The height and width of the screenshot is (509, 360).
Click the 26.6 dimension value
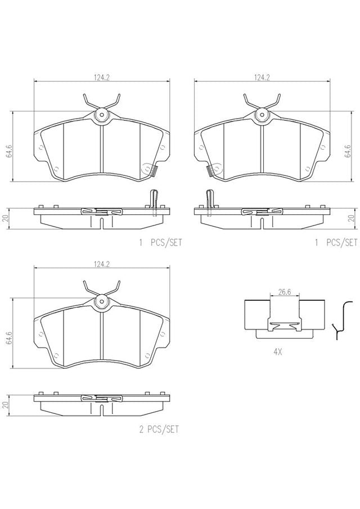pyautogui.click(x=285, y=292)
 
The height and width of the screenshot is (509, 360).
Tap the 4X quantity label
pyautogui.click(x=277, y=352)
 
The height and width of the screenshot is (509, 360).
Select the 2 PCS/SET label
pyautogui.click(x=159, y=430)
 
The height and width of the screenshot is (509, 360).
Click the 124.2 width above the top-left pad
pyautogui.click(x=102, y=77)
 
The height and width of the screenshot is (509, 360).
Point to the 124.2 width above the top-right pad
pyautogui.click(x=262, y=77)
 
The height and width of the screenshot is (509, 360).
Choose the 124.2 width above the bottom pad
pyautogui.click(x=102, y=264)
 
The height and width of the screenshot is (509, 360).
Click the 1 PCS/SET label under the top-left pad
pyautogui.click(x=160, y=242)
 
